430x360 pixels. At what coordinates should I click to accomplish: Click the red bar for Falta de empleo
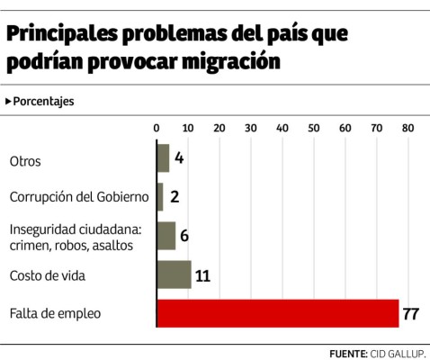pos(277,313)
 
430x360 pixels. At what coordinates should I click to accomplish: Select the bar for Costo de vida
pos(174,274)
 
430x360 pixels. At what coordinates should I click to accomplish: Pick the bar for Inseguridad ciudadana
pos(166,235)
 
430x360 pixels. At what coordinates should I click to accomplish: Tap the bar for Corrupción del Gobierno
pos(160,196)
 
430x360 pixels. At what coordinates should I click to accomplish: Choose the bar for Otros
pos(163,157)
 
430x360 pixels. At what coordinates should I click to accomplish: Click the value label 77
pos(412,313)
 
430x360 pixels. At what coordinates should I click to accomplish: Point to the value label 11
pos(202,274)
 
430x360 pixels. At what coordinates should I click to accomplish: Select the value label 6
pos(184,236)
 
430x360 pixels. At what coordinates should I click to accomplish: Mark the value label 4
pos(179,157)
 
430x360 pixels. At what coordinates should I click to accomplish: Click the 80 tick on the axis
pos(408,128)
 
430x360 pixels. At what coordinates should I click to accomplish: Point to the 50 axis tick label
pos(313,128)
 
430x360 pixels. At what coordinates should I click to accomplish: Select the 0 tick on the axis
pos(157,128)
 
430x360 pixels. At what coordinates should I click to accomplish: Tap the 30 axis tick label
pos(250,128)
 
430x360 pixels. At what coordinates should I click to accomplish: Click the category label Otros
pos(24,161)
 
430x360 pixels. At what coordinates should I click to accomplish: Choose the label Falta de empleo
pos(55,314)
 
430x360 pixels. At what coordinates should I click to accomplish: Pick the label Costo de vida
pos(47,275)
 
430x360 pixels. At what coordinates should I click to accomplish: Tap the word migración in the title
pos(229,62)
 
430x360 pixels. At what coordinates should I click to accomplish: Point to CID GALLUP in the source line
pos(397,352)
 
